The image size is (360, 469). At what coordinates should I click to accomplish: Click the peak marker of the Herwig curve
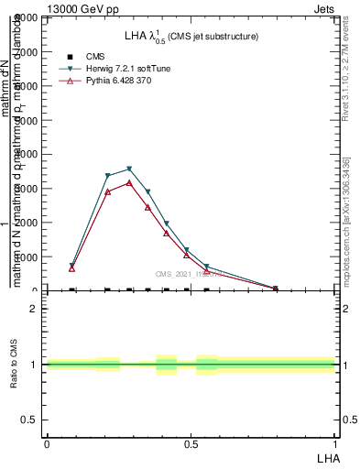(129, 169)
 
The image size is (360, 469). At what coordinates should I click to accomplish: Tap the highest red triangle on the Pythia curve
(129, 183)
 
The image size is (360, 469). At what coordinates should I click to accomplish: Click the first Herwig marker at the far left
(72, 266)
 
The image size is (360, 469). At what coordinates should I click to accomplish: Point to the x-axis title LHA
(327, 456)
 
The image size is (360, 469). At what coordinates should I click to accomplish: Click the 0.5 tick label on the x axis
(191, 443)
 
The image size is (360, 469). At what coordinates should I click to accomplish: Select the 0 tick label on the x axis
(46, 443)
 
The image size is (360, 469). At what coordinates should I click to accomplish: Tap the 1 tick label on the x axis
(335, 443)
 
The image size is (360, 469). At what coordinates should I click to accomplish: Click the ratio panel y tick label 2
(34, 309)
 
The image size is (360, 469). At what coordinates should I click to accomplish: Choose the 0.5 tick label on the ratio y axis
(28, 420)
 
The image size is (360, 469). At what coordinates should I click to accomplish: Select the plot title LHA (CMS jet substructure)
(191, 36)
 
